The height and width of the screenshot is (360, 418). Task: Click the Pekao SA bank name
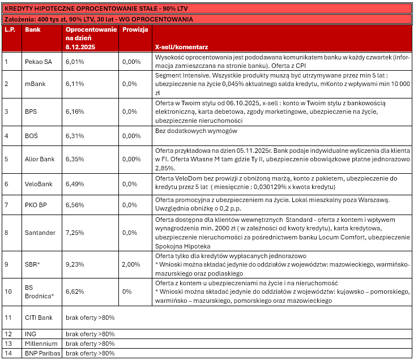tap(39, 61)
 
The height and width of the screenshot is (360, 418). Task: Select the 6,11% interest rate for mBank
tap(75, 84)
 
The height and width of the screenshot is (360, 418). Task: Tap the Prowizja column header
tap(135, 29)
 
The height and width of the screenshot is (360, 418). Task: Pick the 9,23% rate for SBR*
tap(75, 264)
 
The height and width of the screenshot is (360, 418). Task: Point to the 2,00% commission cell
tap(131, 264)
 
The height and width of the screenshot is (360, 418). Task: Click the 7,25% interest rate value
tap(75, 233)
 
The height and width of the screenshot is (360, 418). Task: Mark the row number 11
tap(8, 317)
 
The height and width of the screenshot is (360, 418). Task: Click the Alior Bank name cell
tap(40, 159)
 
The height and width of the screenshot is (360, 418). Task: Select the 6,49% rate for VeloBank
tap(75, 184)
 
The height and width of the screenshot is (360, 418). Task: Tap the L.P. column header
tap(10, 29)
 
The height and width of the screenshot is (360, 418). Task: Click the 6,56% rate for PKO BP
tap(75, 205)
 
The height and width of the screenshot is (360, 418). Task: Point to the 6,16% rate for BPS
tap(75, 112)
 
